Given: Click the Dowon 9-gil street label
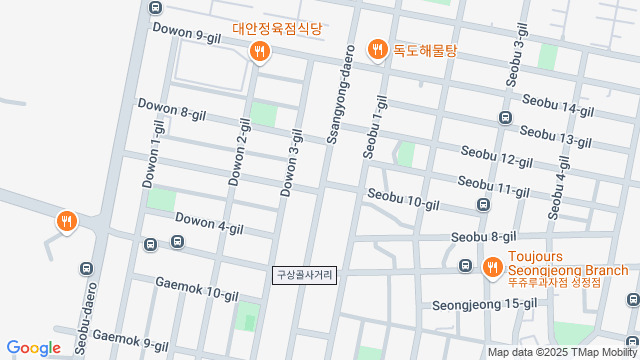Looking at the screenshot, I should [186, 35].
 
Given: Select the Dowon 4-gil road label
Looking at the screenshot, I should [209, 223].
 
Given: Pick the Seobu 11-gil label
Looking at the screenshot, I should [493, 186].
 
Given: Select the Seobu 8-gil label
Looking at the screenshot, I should [483, 237].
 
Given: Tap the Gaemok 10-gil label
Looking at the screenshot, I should [196, 289].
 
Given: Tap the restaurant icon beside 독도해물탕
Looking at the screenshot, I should [378, 48].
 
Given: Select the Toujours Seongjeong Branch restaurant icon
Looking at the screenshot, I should [492, 267].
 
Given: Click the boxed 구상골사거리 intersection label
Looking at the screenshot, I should [305, 273].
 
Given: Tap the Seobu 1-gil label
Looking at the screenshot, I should [376, 128].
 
